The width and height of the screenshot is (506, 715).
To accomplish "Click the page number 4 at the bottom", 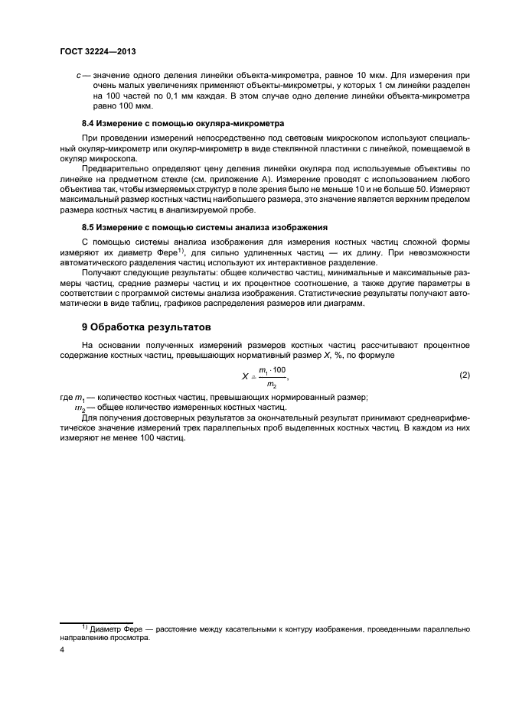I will [x=62, y=650].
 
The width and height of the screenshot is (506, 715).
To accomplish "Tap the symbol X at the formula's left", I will [x=245, y=376].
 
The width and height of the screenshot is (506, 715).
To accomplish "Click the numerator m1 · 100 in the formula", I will [x=272, y=370].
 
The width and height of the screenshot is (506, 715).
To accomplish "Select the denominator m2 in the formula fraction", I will [x=271, y=384].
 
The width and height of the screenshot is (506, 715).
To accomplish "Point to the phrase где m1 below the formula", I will [x=73, y=397].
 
